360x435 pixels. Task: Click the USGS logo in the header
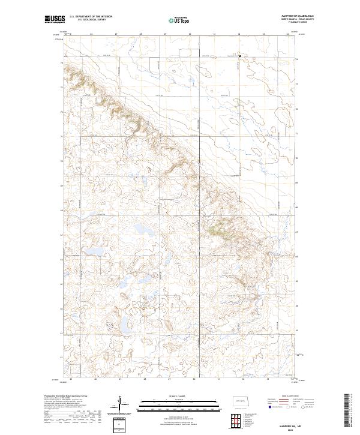coord(55,20)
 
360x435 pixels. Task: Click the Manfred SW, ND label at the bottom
coord(282,424)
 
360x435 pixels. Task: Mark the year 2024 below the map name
coord(282,429)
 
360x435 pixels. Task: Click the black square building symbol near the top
coord(239,56)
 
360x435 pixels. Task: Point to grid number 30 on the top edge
coord(190,34)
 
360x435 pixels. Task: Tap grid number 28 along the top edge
coord(140,34)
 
